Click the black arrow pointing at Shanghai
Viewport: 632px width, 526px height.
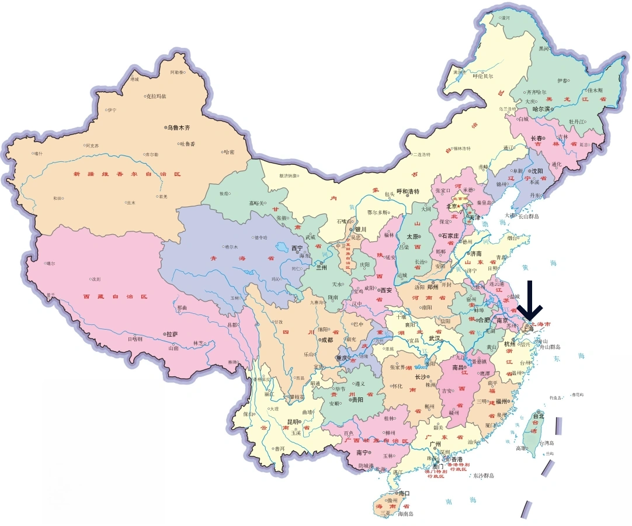click(x=533, y=301)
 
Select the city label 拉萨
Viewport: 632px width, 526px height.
click(x=172, y=334)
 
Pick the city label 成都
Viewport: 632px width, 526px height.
click(x=325, y=339)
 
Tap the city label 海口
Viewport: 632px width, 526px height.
click(x=403, y=493)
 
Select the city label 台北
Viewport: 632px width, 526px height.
click(x=538, y=416)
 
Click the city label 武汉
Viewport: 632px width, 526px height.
click(x=435, y=338)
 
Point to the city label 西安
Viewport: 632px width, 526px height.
click(x=385, y=290)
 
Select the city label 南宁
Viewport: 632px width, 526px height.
click(x=362, y=452)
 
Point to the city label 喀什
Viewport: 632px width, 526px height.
click(x=38, y=153)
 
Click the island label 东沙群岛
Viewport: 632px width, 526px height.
click(x=483, y=476)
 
